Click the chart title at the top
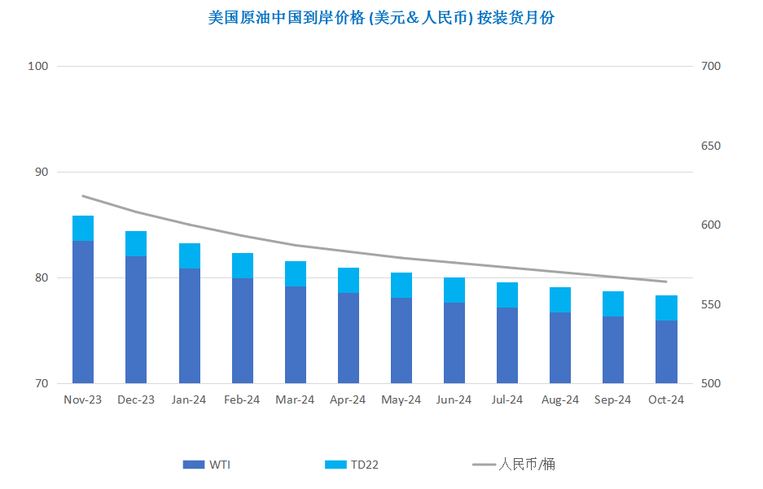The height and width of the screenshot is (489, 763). pos(381,18)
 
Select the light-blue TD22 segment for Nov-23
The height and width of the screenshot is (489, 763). pos(83,229)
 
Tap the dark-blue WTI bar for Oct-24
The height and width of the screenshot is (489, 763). pos(666,352)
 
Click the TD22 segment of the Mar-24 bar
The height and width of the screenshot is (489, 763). pos(296,274)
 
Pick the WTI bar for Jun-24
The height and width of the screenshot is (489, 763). pos(454,343)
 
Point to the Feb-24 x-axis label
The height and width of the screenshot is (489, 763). pos(242,400)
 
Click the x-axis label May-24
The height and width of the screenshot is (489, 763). pos(401,400)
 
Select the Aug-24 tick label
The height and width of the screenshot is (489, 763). pos(560,400)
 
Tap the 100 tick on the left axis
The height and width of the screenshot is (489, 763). pos(38,66)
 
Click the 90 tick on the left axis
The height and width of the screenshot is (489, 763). pos(42,172)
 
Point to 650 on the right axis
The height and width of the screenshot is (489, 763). pos(711,146)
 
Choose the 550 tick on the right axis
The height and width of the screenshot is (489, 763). pos(711,304)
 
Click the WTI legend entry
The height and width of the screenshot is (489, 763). pos(207,465)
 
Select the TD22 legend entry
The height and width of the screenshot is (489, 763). pos(352,465)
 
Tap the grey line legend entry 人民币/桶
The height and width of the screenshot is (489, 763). pos(514,465)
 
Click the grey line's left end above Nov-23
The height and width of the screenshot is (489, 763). pos(83,196)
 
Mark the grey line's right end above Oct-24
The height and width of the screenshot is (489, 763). pos(666,282)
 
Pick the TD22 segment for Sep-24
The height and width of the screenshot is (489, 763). pos(613,304)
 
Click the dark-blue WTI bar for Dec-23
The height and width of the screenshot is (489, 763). pos(136,320)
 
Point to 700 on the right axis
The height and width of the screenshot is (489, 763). pos(711,66)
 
